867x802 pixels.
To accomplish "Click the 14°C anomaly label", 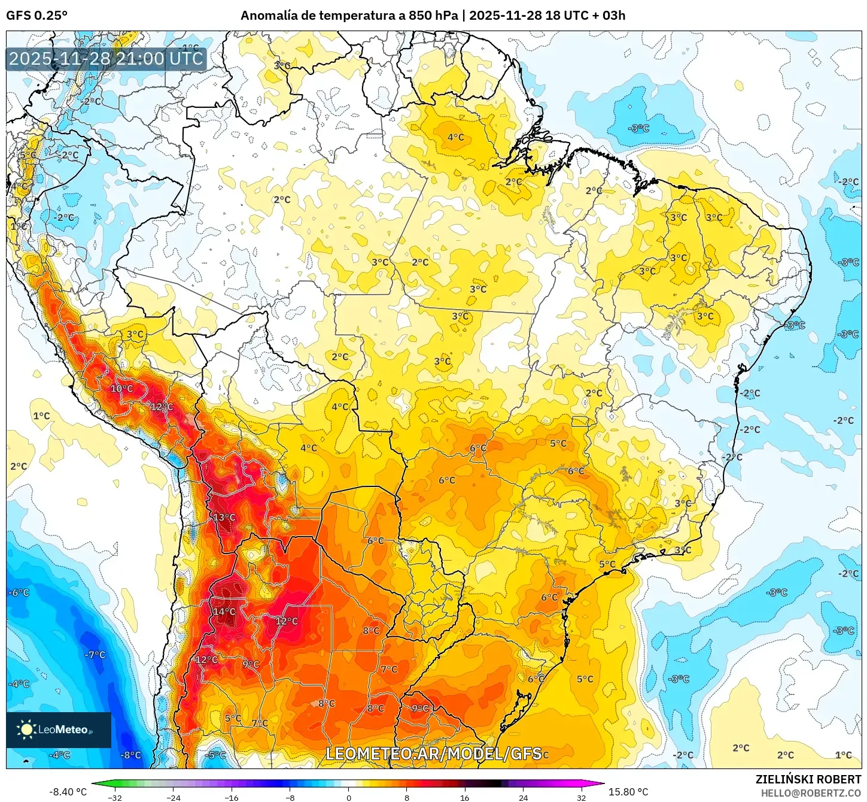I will [224, 612].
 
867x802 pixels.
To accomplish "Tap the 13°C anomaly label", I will [224, 517].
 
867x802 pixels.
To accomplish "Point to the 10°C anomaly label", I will [121, 389].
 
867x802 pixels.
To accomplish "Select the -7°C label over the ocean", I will [95, 655].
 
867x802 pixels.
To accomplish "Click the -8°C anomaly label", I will [130, 755].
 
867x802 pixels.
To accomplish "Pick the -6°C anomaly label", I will [19, 592].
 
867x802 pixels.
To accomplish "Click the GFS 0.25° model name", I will [36, 16].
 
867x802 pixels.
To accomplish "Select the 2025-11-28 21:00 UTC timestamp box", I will [107, 59].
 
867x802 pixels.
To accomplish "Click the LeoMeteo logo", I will [59, 730].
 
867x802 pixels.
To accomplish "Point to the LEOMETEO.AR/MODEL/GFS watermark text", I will [433, 753].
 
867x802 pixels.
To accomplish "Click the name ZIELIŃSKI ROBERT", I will [808, 779].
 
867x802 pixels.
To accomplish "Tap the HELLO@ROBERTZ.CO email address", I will [811, 793].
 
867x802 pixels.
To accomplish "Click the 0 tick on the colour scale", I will [348, 797].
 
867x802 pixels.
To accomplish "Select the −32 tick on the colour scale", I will [114, 797].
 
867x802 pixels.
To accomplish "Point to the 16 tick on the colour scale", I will [465, 797].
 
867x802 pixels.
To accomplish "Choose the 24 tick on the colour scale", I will [523, 797].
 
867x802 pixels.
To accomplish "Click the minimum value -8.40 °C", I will [68, 792].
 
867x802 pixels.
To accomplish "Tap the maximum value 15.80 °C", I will [628, 792].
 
